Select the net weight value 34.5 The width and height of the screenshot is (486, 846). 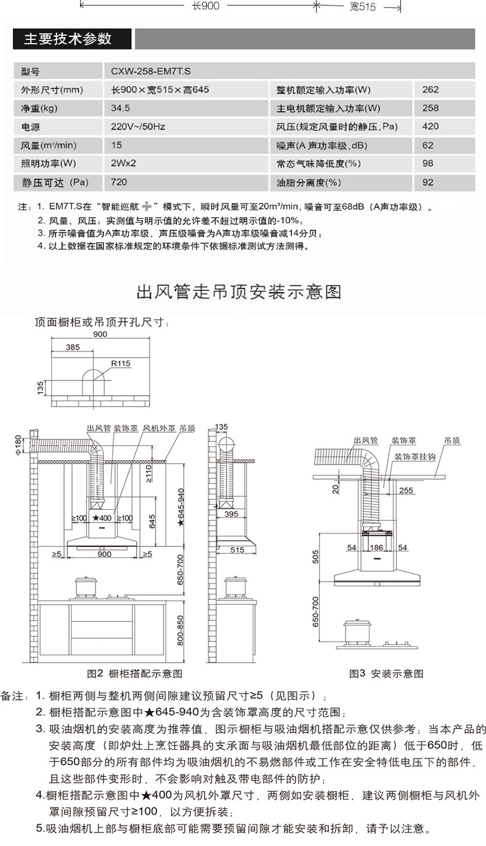pos(120,108)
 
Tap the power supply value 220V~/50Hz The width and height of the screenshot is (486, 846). pos(138,126)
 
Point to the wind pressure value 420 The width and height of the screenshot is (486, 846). pos(431,126)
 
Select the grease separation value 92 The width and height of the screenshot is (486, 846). pos(428,183)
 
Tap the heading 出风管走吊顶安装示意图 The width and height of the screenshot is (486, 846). pos(238,290)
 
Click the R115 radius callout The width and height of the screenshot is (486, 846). pos(121,364)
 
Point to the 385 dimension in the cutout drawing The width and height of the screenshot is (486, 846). pos(72,348)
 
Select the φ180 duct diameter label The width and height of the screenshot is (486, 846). pos(17,443)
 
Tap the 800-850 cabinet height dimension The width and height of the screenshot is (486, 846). pos(180,630)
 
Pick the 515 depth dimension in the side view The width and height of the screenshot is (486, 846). pos(237,550)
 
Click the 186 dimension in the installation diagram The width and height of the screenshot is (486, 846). pos(376,548)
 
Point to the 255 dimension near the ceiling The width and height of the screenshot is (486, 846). pos(406,490)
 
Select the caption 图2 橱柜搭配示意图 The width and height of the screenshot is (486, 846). pos(135,673)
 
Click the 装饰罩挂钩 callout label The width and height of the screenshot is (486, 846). pos(415,457)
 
